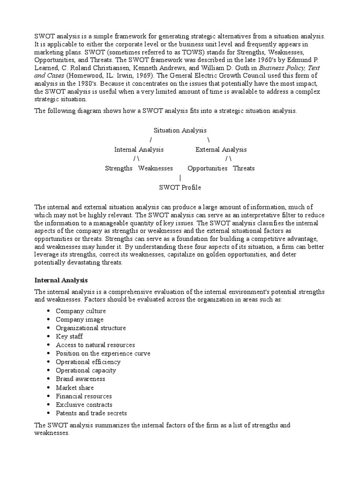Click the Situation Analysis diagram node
180,130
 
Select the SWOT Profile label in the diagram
180,187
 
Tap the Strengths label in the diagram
119,168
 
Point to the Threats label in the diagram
244,168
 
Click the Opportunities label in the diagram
207,168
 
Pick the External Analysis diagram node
221,150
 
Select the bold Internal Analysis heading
61,280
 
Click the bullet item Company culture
81,311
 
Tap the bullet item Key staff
69,337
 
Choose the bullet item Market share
75,388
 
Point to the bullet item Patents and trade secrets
91,413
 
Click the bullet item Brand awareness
80,379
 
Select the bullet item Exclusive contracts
84,405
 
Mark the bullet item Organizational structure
91,328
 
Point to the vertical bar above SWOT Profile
180,178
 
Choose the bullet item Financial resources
84,396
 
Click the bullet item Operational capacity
86,370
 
